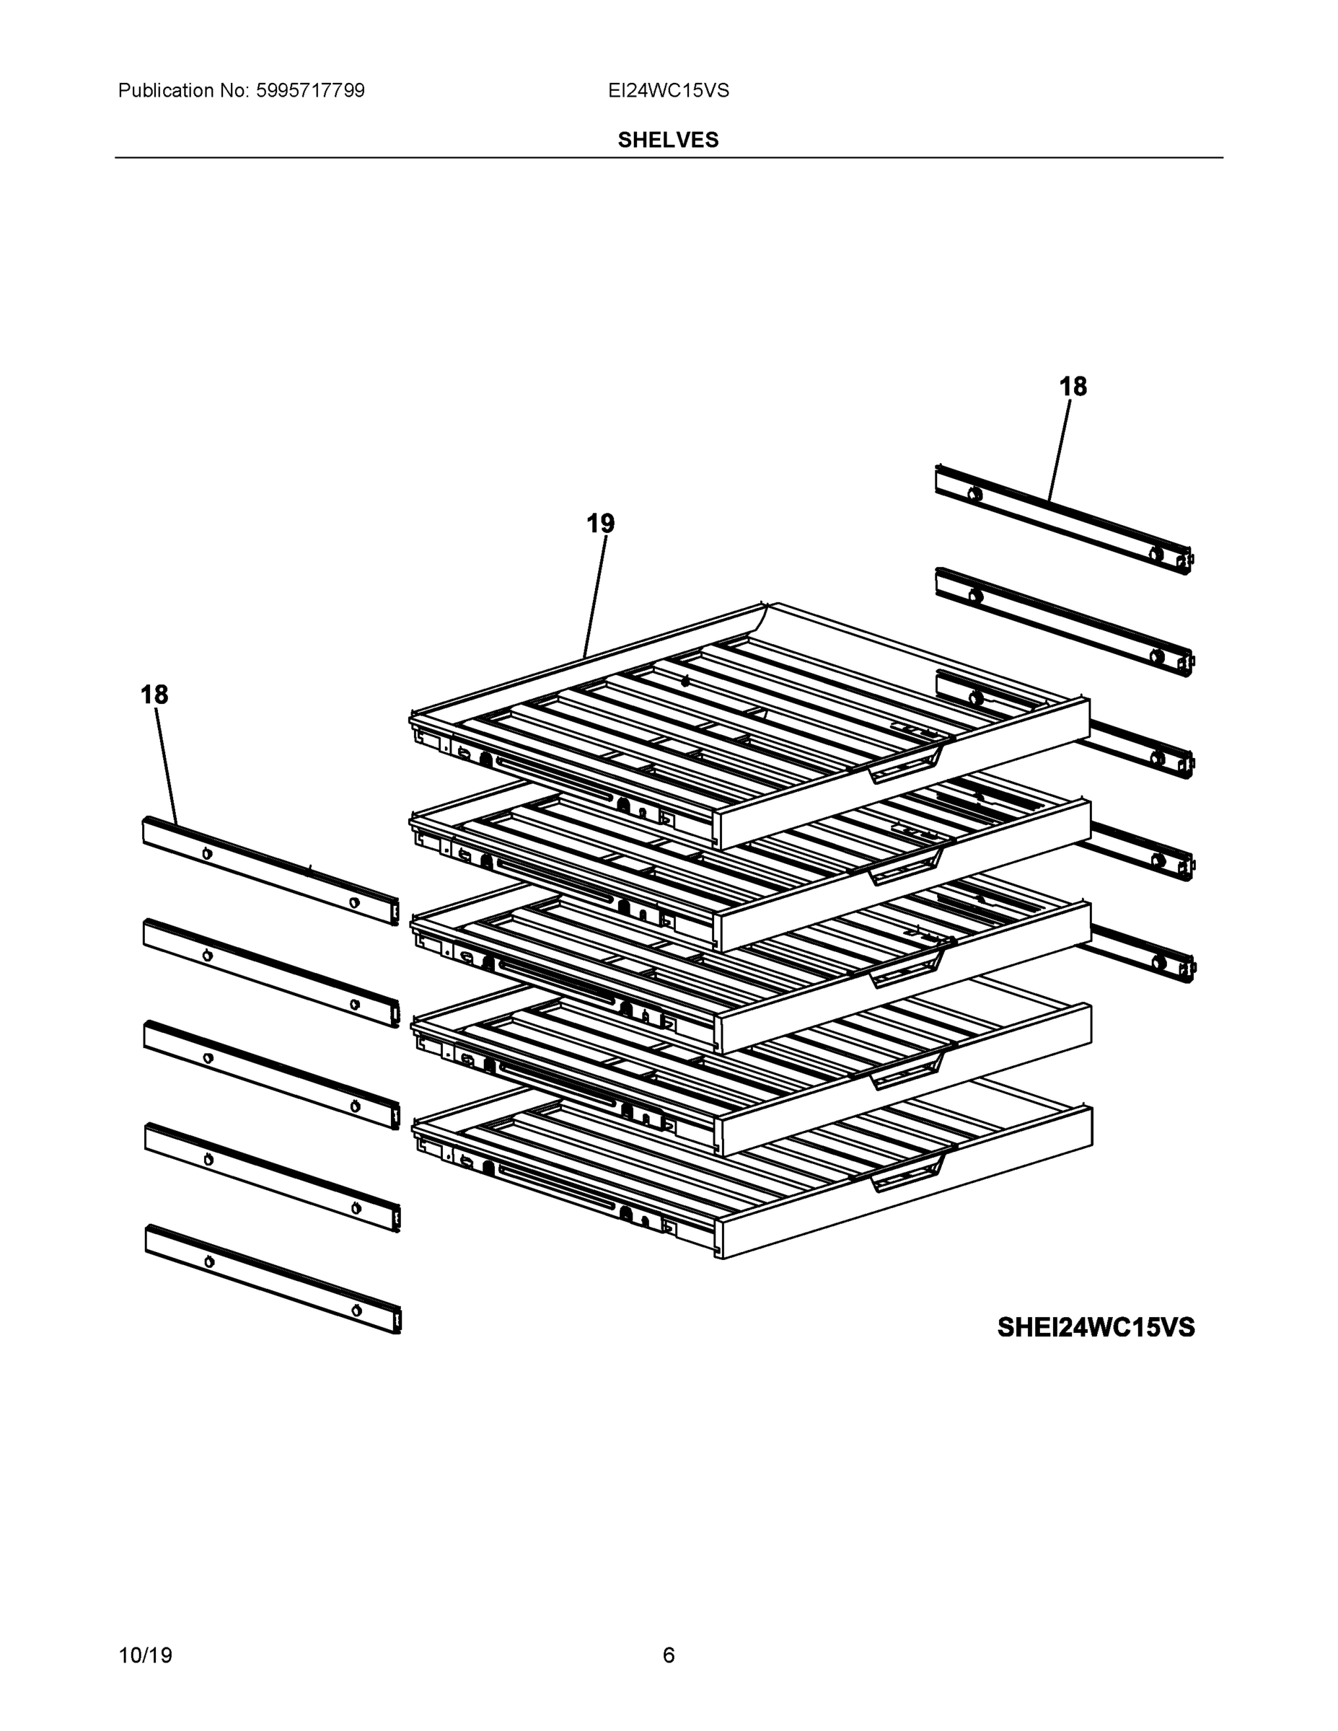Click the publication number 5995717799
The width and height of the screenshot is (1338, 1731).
tap(310, 91)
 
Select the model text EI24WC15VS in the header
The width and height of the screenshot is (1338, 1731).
tap(668, 91)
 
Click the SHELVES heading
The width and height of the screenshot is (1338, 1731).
tap(668, 141)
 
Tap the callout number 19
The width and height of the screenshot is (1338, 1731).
tap(600, 524)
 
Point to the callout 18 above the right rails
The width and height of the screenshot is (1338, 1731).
tap(1073, 387)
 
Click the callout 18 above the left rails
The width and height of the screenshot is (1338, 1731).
tap(154, 695)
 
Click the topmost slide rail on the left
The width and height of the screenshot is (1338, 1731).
tap(270, 872)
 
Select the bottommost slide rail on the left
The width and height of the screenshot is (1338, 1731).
tap(273, 1279)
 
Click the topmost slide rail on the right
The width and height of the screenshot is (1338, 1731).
tap(1062, 519)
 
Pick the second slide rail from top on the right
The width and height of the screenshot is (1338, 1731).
tap(1062, 622)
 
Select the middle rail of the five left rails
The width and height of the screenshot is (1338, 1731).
tap(271, 1075)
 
